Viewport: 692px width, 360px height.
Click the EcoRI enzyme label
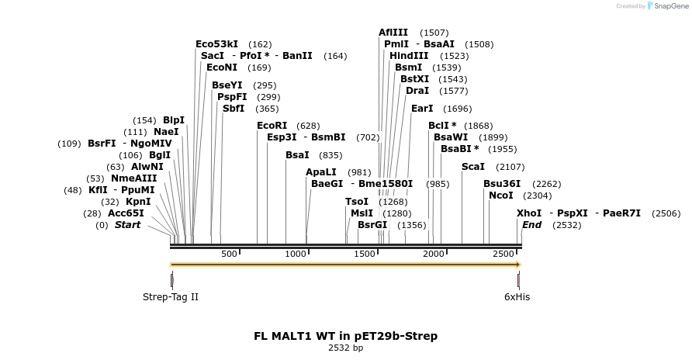click(272, 126)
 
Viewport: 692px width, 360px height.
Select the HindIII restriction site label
click(409, 56)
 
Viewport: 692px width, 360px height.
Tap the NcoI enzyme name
click(500, 196)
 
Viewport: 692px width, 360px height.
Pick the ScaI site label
click(473, 167)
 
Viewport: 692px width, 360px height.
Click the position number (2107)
click(510, 167)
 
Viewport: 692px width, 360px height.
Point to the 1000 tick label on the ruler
click(297, 254)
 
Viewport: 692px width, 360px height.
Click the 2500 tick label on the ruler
click(503, 254)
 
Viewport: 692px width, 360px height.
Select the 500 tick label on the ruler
click(229, 254)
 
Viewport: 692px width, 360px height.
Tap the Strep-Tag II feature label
click(171, 296)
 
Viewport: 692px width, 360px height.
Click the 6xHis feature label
click(517, 296)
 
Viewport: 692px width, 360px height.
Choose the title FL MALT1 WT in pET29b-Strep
click(346, 336)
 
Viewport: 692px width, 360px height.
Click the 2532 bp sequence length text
click(346, 348)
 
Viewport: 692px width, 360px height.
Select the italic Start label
click(128, 225)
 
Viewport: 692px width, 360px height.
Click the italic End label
click(532, 225)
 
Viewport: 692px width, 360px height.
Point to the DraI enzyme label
click(417, 91)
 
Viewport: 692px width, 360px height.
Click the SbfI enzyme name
click(234, 109)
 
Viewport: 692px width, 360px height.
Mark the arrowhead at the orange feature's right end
click(517, 265)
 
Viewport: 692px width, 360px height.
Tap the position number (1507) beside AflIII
click(434, 33)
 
